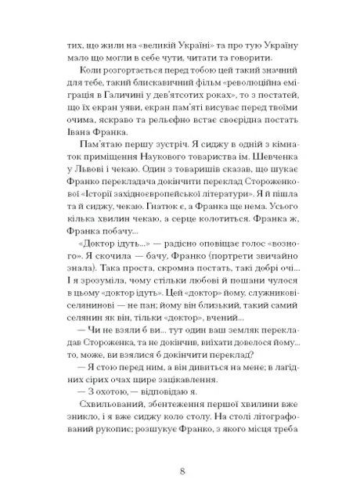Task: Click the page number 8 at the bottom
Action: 181,471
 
